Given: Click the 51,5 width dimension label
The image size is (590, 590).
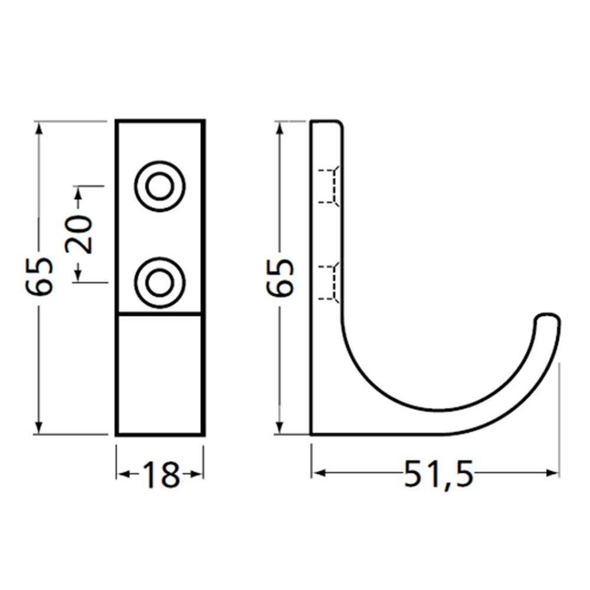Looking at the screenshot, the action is click(x=438, y=474).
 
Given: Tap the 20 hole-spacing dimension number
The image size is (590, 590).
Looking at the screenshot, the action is click(x=78, y=234).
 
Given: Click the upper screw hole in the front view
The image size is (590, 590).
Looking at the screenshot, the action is click(x=160, y=186).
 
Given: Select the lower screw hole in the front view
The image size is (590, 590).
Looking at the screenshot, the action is click(x=160, y=283).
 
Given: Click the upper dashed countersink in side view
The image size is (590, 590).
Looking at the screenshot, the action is click(x=329, y=186).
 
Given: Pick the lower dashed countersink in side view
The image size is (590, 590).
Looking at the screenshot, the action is click(x=329, y=282).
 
